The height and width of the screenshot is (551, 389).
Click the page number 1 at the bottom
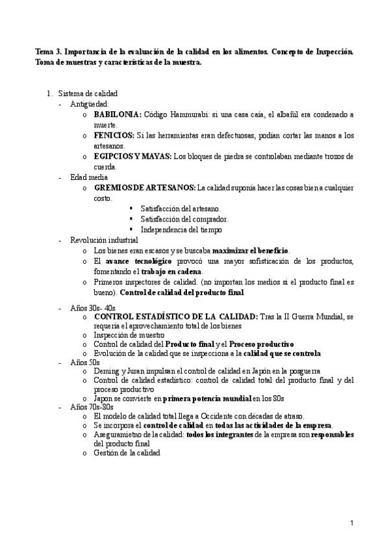click(x=351, y=523)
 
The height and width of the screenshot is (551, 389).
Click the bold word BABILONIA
click(x=118, y=114)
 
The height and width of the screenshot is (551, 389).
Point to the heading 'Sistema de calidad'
click(x=88, y=94)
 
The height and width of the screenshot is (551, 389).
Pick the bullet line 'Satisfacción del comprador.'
click(x=184, y=219)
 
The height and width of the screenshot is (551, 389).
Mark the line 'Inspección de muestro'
click(x=129, y=334)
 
